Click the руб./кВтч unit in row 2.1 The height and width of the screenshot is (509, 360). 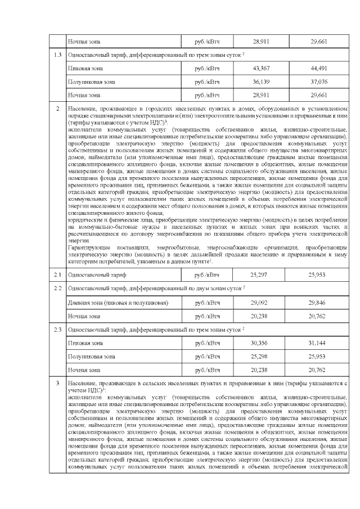[207, 275]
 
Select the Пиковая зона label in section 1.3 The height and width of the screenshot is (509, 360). [85, 69]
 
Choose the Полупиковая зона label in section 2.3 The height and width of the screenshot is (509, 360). [91, 356]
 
